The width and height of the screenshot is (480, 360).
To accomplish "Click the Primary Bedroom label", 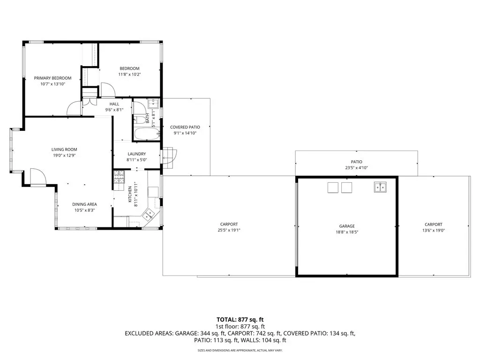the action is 52,78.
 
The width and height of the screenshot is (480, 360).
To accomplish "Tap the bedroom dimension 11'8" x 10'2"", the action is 129,75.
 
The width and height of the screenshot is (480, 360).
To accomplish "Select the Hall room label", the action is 114,104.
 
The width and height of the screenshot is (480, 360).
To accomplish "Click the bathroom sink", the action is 153,104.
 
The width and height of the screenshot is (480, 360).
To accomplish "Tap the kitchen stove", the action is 119,177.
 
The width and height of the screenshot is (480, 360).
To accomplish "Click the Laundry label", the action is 136,154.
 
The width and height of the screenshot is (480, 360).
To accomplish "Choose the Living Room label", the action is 64,150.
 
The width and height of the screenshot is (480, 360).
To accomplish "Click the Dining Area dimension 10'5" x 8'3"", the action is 84,210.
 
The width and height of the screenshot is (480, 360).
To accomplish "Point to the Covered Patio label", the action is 185,127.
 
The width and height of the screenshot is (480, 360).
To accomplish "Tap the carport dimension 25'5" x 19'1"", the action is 229,230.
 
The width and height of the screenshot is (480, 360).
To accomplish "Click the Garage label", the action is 347,226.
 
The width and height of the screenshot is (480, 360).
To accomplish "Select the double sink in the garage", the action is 380,187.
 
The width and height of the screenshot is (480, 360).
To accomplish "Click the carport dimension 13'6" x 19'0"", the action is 434,230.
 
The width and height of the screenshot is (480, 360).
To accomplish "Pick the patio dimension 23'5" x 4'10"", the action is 357,168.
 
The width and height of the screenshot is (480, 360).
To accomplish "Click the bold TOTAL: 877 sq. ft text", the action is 240,320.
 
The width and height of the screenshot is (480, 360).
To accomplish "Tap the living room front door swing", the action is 38,177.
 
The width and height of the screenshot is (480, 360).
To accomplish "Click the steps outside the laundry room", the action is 169,158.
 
